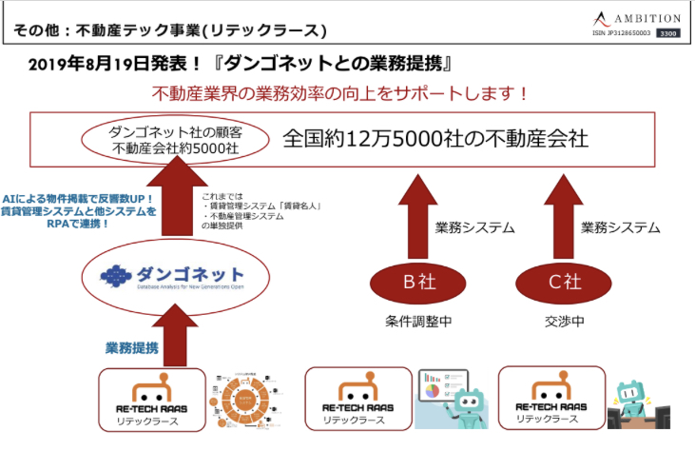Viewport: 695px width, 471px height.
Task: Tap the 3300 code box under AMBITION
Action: [x=668, y=33]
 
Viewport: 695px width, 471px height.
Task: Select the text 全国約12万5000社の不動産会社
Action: [x=436, y=138]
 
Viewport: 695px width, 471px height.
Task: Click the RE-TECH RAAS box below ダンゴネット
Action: [x=153, y=402]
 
